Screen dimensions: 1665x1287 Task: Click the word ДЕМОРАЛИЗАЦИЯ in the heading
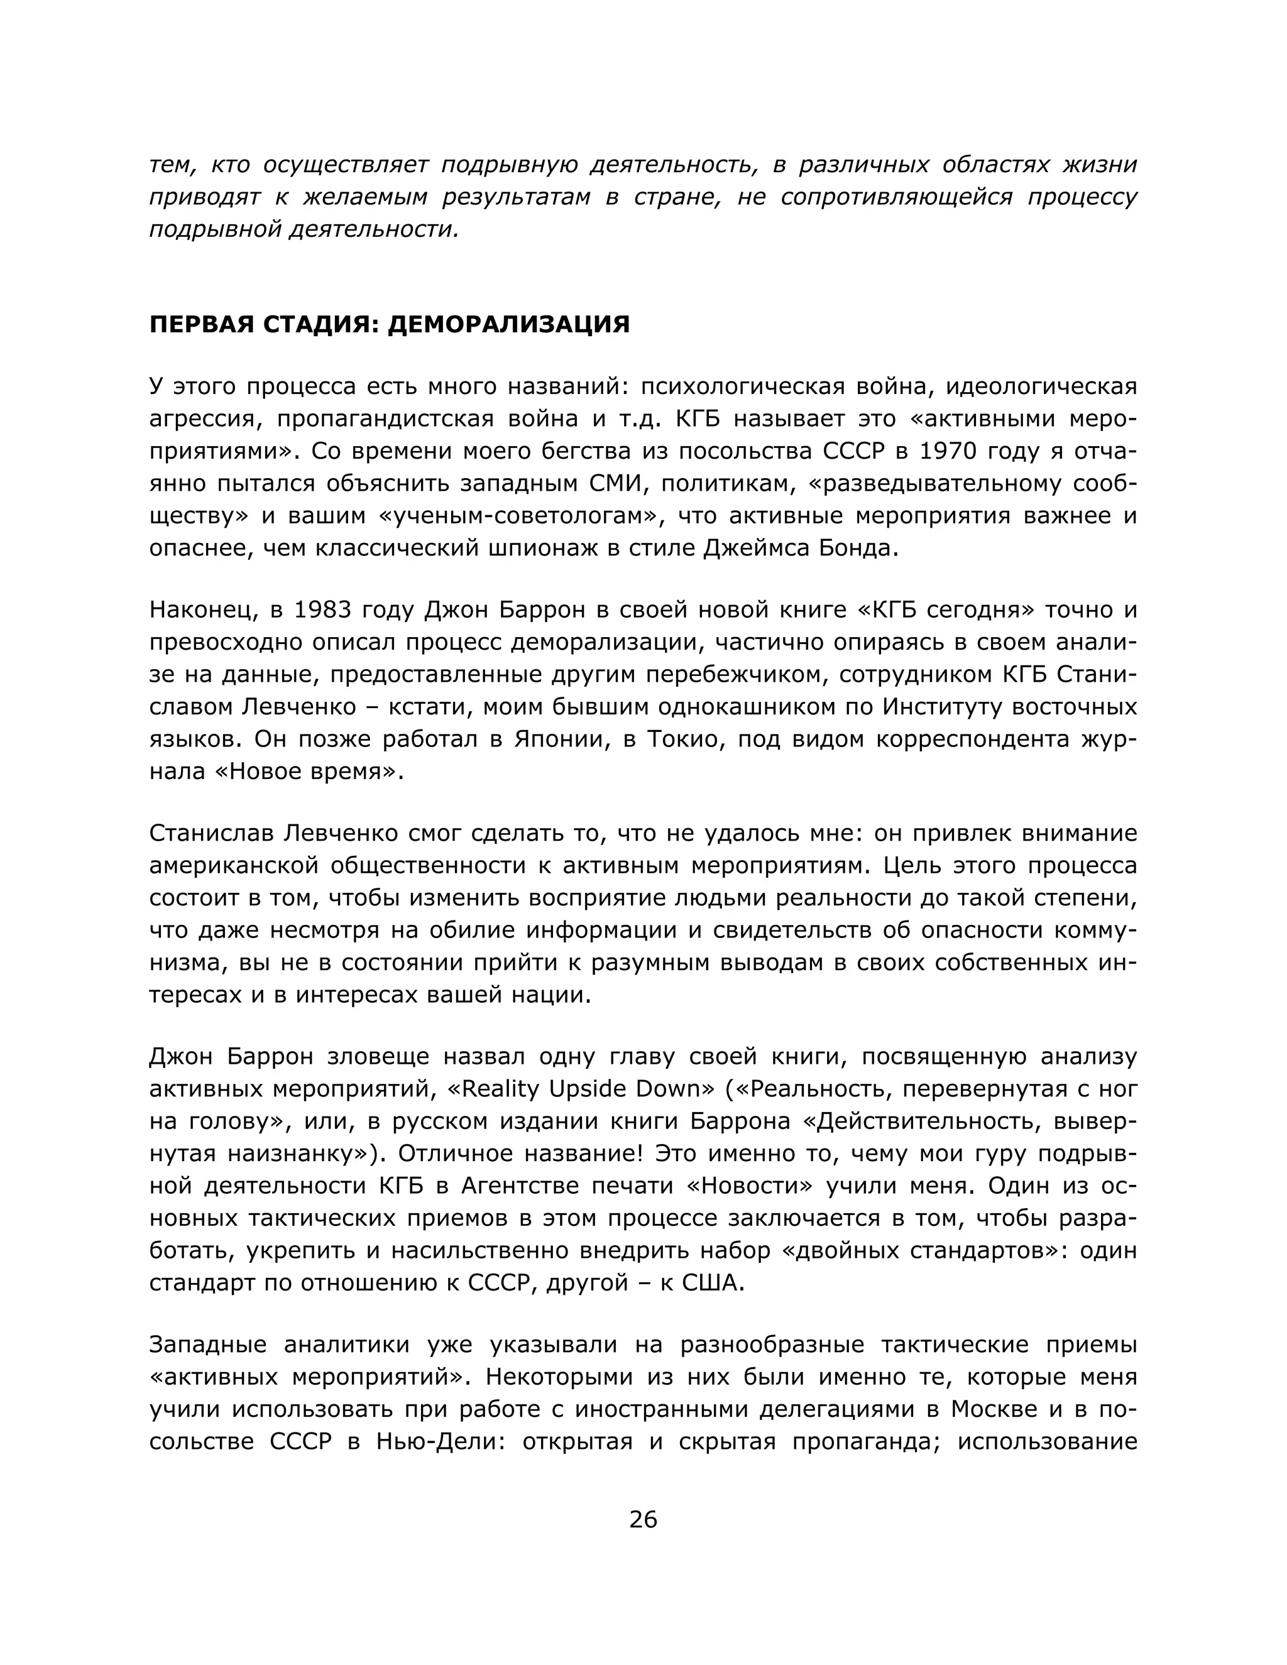click(508, 324)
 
